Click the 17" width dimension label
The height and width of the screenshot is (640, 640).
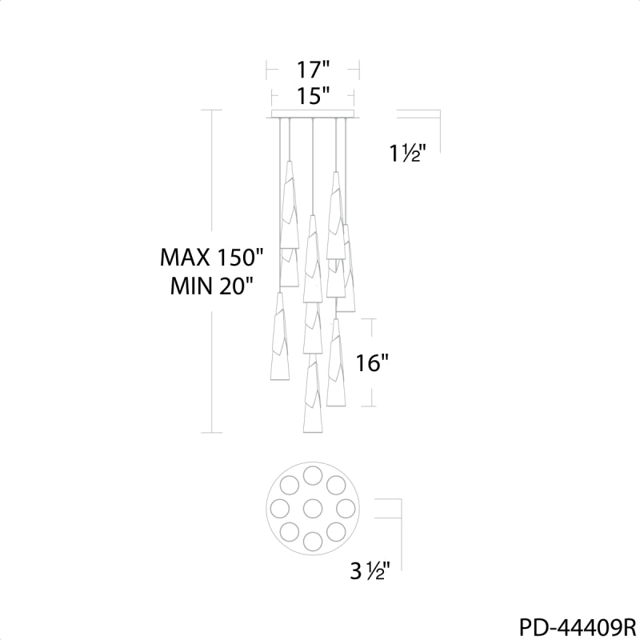point(313,70)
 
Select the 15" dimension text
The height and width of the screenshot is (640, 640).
point(313,96)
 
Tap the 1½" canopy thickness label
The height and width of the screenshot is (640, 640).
point(407,154)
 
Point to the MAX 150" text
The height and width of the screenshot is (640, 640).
point(212,258)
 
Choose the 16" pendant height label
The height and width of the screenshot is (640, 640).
point(372,363)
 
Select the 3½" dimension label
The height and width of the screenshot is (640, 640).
point(370,570)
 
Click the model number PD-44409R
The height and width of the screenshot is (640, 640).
point(577,627)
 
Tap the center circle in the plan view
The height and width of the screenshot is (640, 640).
point(313,509)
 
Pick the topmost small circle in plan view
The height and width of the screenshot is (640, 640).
point(313,475)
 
